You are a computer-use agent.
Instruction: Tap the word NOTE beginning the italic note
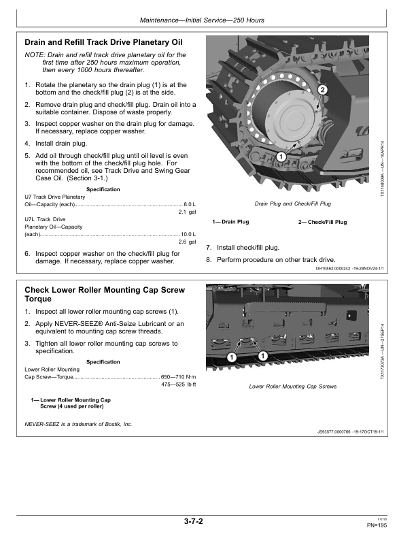33,54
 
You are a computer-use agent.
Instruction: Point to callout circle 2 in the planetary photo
323,90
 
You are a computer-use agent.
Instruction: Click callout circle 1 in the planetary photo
280,157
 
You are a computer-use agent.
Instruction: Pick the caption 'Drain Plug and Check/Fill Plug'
292,203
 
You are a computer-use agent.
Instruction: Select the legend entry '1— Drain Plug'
230,223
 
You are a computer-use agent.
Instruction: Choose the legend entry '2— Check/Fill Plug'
322,223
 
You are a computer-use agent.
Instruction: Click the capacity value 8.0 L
189,204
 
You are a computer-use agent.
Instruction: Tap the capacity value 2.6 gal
187,242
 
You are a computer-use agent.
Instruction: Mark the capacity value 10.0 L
188,234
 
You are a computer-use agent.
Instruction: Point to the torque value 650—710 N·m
178,376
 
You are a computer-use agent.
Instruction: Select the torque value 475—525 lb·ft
178,385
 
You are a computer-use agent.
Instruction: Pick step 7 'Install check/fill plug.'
247,248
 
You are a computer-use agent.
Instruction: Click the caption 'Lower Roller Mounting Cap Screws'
292,387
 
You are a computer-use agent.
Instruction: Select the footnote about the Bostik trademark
78,423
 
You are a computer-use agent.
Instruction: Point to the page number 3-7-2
194,522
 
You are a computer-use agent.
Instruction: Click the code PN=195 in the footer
377,525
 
